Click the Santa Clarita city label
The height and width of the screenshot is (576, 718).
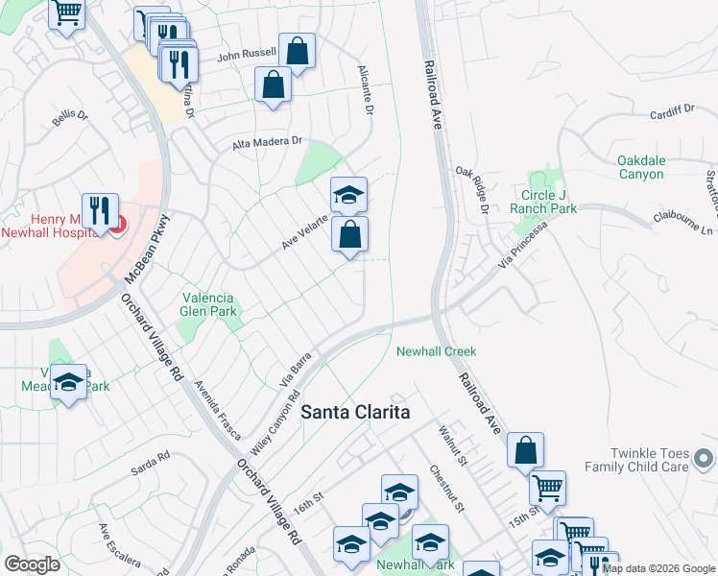point(355,412)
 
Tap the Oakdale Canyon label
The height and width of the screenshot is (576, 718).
point(640,167)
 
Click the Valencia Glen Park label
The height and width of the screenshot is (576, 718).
point(208,304)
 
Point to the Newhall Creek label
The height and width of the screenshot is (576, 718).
point(437,351)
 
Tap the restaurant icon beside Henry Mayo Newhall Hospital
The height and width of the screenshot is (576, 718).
point(100,210)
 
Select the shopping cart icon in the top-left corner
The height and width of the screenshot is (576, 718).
point(67,13)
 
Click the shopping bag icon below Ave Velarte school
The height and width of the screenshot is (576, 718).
point(349,234)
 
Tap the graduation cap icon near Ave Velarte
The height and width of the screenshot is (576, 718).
point(348,195)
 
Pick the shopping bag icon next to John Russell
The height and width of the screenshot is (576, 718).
point(298,50)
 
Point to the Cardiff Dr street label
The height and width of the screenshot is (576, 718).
point(671,111)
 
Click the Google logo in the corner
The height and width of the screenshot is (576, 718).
point(32,564)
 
